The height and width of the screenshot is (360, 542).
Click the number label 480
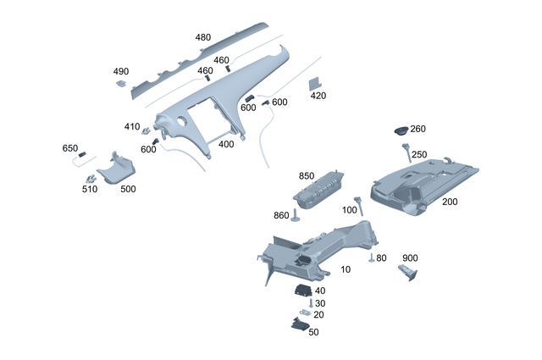pyautogui.click(x=203, y=37)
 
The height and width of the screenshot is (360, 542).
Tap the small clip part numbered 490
pyautogui.click(x=121, y=83)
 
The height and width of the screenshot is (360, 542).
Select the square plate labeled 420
pyautogui.click(x=315, y=82)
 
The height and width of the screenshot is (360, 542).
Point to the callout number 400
pyautogui.click(x=226, y=144)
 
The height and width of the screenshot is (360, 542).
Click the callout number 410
pyautogui.click(x=132, y=127)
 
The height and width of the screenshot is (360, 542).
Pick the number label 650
pyautogui.click(x=70, y=148)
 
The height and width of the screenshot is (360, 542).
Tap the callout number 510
pyautogui.click(x=90, y=189)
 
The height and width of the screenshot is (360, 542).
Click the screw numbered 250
pyautogui.click(x=406, y=152)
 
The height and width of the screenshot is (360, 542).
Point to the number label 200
pyautogui.click(x=450, y=202)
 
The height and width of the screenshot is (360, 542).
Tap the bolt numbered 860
pyautogui.click(x=296, y=214)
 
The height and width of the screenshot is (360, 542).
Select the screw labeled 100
pyautogui.click(x=357, y=203)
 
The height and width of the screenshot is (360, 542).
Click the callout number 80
pyautogui.click(x=381, y=258)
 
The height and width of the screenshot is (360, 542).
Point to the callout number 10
pyautogui.click(x=346, y=269)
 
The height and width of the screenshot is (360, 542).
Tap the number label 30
pyautogui.click(x=320, y=303)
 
